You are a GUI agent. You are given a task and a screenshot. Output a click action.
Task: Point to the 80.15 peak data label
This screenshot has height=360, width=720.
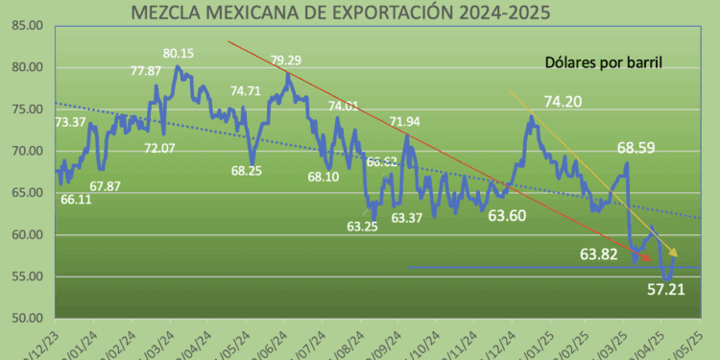[x=178, y=54]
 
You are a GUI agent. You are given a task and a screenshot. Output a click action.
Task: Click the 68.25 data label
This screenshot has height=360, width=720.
[x=254, y=170]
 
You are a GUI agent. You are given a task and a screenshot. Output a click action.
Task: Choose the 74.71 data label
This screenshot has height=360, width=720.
[x=247, y=92]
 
